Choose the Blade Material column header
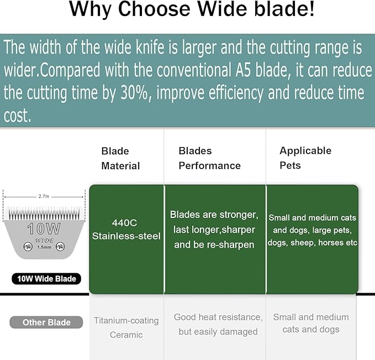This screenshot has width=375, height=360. (x=120, y=158)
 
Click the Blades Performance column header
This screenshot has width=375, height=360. (x=209, y=158)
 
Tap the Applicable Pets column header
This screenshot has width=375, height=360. (x=305, y=158)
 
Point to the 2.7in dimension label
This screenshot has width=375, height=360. (x=45, y=196)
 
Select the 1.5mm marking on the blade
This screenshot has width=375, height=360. (x=44, y=247)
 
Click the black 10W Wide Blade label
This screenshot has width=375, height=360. (x=46, y=278)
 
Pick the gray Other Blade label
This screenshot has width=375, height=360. (x=46, y=322)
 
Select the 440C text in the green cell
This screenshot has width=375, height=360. (x=126, y=222)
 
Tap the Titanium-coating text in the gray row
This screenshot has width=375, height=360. (x=126, y=320)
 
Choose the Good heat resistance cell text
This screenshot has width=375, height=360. (x=218, y=317)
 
